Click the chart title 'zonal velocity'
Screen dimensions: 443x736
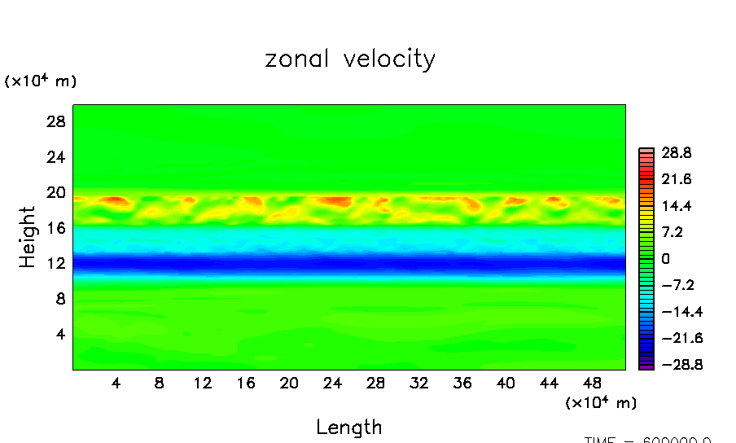click(x=350, y=59)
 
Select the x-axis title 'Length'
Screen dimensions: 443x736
click(x=348, y=427)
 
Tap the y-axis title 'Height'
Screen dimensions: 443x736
click(x=28, y=237)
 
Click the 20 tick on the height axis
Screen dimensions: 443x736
click(x=55, y=193)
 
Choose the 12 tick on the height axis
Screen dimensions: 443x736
click(x=55, y=264)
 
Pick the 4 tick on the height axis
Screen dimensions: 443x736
click(x=59, y=335)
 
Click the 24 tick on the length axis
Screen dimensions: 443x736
click(x=332, y=384)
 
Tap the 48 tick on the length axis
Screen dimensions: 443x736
click(x=593, y=384)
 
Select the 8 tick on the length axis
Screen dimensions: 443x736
click(x=159, y=384)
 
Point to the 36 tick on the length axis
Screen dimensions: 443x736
click(x=462, y=384)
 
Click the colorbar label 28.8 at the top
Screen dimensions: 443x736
click(x=675, y=153)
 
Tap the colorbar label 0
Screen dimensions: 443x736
click(x=665, y=259)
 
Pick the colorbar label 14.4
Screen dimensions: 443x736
click(x=675, y=206)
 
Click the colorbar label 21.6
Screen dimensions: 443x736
click(x=675, y=179)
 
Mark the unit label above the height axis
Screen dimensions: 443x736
click(x=41, y=81)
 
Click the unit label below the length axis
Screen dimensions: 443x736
click(x=601, y=402)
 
